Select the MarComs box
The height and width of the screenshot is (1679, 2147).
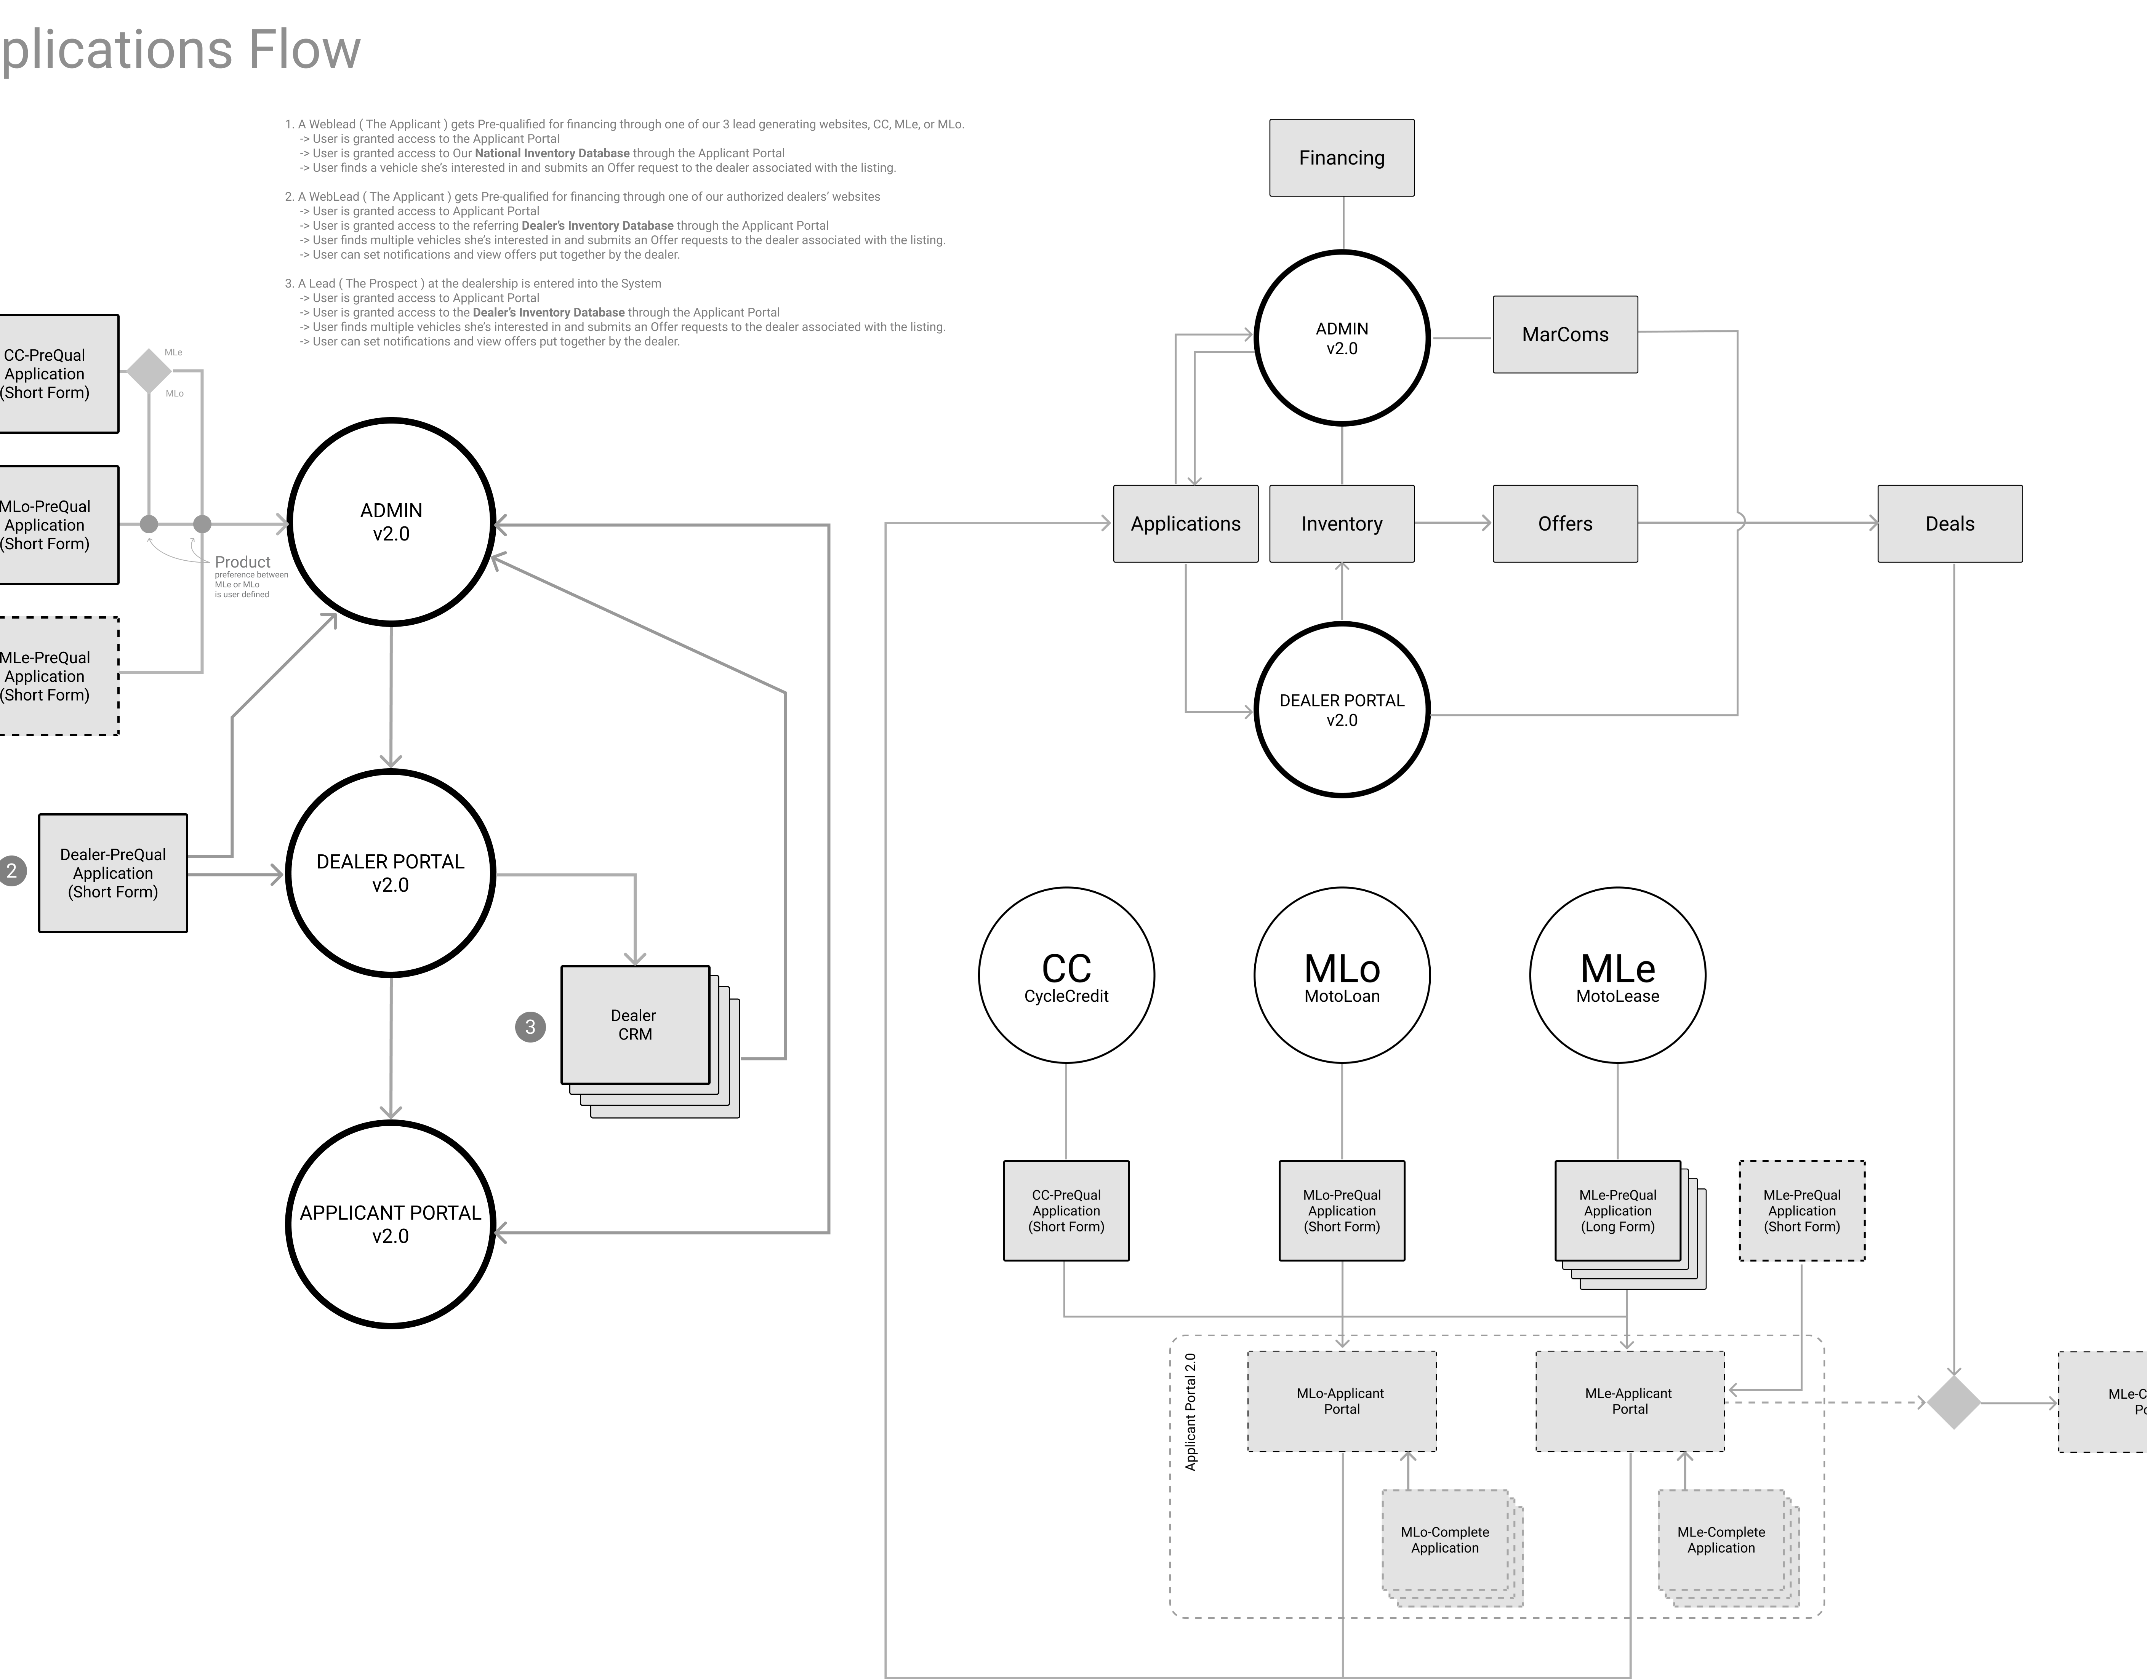[x=1565, y=334]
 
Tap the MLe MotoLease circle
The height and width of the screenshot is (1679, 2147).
[x=1617, y=975]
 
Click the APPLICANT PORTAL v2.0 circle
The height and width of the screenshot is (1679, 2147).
[x=390, y=1224]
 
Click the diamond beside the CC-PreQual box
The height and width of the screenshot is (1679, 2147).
[x=149, y=371]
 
